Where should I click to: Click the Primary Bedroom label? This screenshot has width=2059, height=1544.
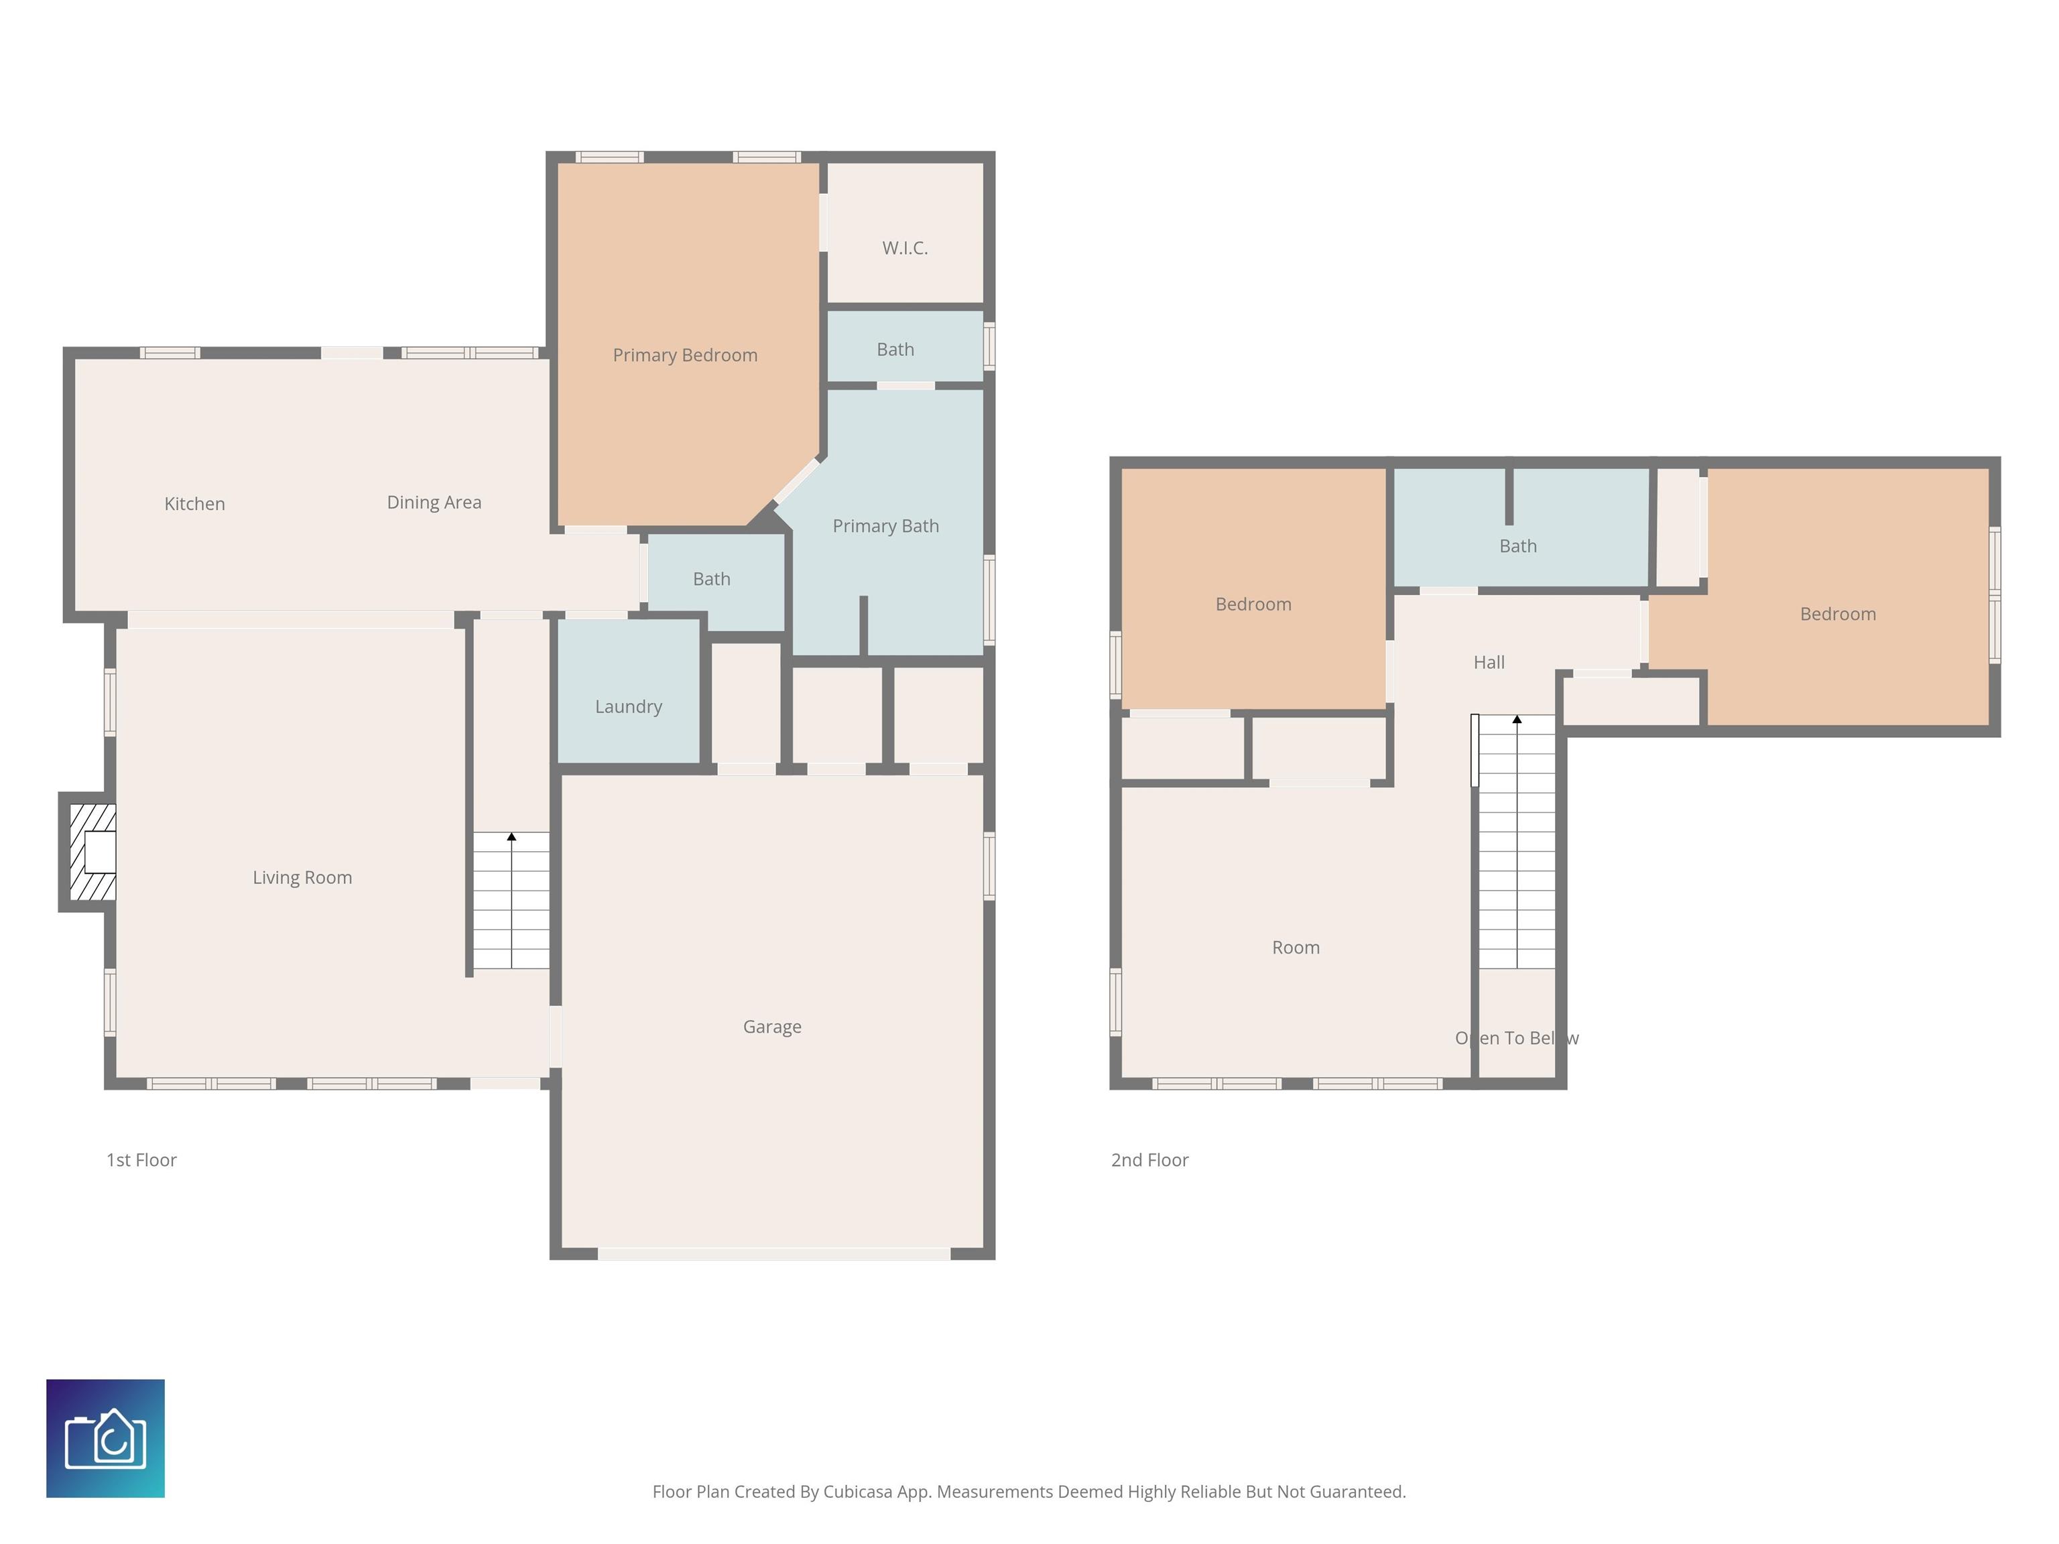[x=685, y=355]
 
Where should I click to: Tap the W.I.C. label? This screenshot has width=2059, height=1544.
[x=905, y=247]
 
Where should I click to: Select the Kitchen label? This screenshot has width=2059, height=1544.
[x=194, y=503]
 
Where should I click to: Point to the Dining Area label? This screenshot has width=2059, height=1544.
[x=434, y=503]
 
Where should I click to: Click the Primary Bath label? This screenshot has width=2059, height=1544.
[x=885, y=526]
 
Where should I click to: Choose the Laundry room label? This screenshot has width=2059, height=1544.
[x=628, y=706]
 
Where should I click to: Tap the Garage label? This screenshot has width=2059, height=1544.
[x=771, y=1027]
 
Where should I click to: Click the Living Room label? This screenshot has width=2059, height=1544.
[x=302, y=878]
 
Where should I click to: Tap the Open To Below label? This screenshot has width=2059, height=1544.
[x=1517, y=1037]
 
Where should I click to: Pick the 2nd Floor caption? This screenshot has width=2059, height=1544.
[x=1149, y=1159]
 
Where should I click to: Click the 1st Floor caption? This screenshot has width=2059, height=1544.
[x=141, y=1159]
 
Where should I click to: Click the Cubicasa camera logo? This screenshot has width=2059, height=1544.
[x=105, y=1438]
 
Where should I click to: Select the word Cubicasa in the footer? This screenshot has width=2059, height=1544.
[x=857, y=1492]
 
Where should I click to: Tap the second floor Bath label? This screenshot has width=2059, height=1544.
[x=1517, y=546]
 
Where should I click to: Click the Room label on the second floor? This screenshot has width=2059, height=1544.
[x=1296, y=948]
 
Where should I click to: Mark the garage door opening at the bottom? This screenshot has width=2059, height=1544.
[x=773, y=1254]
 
